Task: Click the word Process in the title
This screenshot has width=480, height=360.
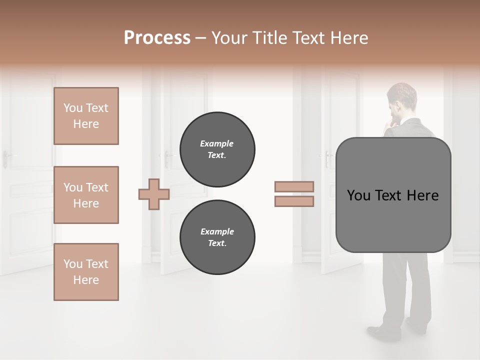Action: pos(157,38)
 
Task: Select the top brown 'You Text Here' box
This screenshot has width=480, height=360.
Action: pos(86,116)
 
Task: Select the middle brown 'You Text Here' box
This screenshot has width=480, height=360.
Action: pos(86,195)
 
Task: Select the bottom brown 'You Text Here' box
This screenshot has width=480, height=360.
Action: pos(86,272)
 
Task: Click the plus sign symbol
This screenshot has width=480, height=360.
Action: pos(154,194)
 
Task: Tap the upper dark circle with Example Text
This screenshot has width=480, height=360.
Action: pos(217,149)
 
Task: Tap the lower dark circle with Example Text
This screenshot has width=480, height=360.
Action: pos(217,237)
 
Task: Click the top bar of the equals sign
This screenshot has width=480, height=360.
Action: pos(294,187)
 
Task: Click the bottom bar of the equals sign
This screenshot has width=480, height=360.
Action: pos(294,201)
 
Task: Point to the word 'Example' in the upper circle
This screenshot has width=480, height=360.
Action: pos(217,144)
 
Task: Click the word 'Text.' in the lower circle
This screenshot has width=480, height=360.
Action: pos(217,243)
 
